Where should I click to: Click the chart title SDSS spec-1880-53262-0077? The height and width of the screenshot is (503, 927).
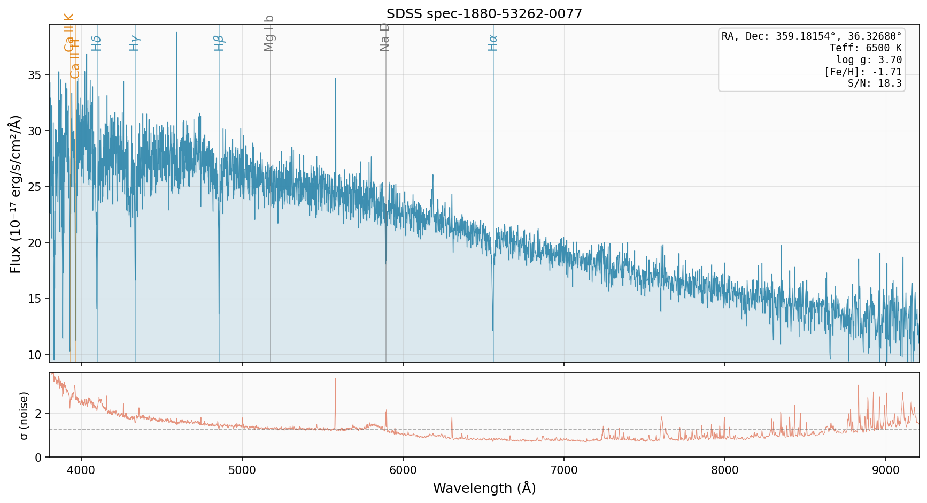point(484,14)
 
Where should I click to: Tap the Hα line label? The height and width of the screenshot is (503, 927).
point(492,43)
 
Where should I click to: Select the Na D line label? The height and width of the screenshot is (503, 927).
point(384,37)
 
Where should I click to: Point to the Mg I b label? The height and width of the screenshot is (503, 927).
point(269,33)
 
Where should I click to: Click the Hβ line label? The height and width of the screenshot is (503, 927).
point(219,43)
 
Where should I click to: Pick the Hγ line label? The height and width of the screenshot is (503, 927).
point(135,43)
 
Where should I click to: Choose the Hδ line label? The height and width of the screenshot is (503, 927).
point(96,43)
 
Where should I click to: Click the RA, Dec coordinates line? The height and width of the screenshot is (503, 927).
point(811,36)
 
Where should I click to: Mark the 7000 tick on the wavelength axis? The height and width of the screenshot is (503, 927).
point(564,470)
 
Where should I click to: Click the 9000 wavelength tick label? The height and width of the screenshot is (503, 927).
point(886,470)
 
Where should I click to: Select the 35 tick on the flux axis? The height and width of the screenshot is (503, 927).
point(35,75)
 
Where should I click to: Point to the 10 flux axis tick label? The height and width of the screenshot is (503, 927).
point(35,355)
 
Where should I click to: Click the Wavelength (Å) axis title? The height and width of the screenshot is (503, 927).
point(484,488)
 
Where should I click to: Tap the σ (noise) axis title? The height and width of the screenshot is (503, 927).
point(24,415)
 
